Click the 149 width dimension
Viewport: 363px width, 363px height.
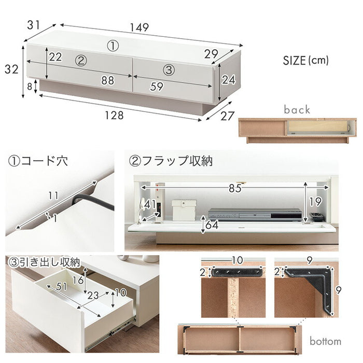coord(139,27)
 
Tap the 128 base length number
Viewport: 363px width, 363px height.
coord(114,115)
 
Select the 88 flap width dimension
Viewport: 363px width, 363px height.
coord(108,80)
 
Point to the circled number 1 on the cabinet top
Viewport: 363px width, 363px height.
coord(113,46)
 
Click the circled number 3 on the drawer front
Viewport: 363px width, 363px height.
coord(169,69)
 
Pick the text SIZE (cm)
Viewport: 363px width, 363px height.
coord(305,61)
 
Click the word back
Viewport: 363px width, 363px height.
coord(297,109)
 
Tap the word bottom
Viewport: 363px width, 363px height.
coord(325,341)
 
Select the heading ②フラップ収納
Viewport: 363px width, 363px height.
coord(171,161)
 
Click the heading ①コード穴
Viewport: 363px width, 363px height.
coord(38,161)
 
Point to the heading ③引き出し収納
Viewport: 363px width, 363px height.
coord(44,262)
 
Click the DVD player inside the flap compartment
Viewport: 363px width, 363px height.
coord(255,214)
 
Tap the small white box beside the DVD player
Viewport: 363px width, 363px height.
coord(184,210)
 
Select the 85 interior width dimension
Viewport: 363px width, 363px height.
coord(235,188)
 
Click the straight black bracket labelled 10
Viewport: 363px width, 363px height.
coord(238,272)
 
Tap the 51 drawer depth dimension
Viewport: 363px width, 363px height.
coord(61,287)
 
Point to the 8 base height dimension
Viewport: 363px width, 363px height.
coord(30,87)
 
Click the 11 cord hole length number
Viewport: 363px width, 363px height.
coord(53,196)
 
